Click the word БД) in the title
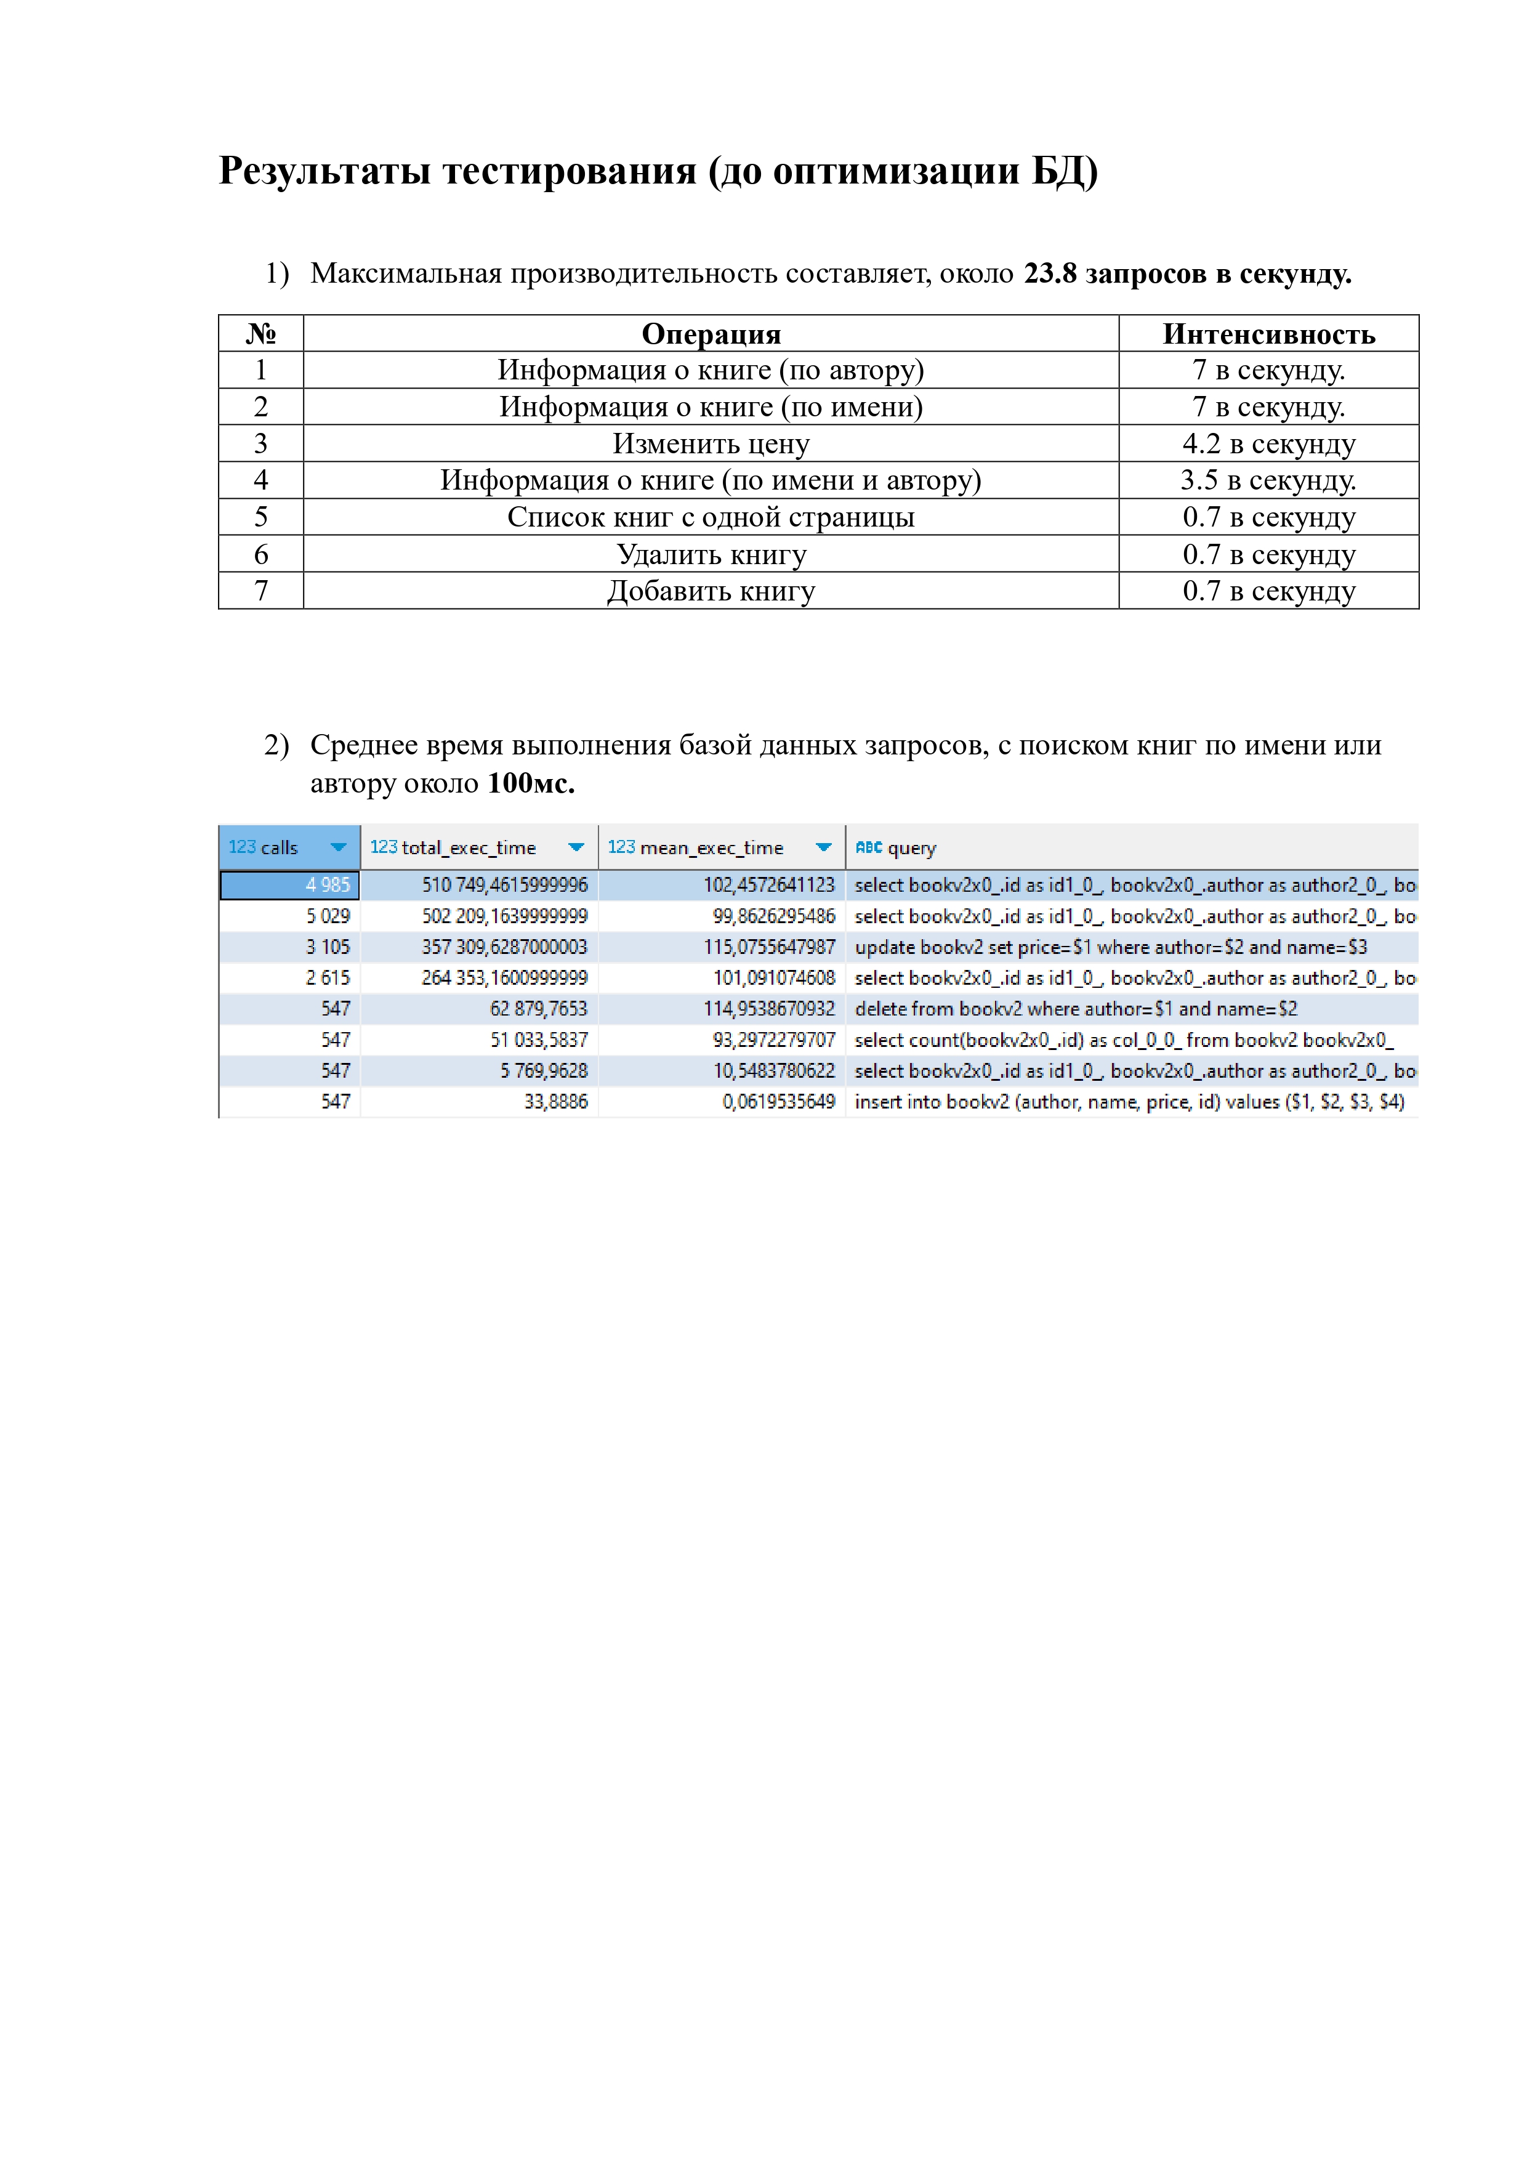coord(1064,171)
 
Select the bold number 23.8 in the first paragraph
coord(1049,274)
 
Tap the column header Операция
coord(711,334)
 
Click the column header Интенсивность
coord(1268,334)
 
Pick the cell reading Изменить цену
coord(711,443)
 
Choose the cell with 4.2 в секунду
coord(1268,443)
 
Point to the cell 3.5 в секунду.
coord(1268,480)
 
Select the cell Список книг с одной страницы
coord(711,517)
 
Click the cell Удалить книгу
coord(711,554)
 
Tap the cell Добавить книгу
coord(711,591)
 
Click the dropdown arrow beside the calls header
coord(339,847)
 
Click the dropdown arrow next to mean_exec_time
coord(823,847)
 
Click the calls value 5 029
coord(328,916)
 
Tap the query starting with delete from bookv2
coord(1076,1009)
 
